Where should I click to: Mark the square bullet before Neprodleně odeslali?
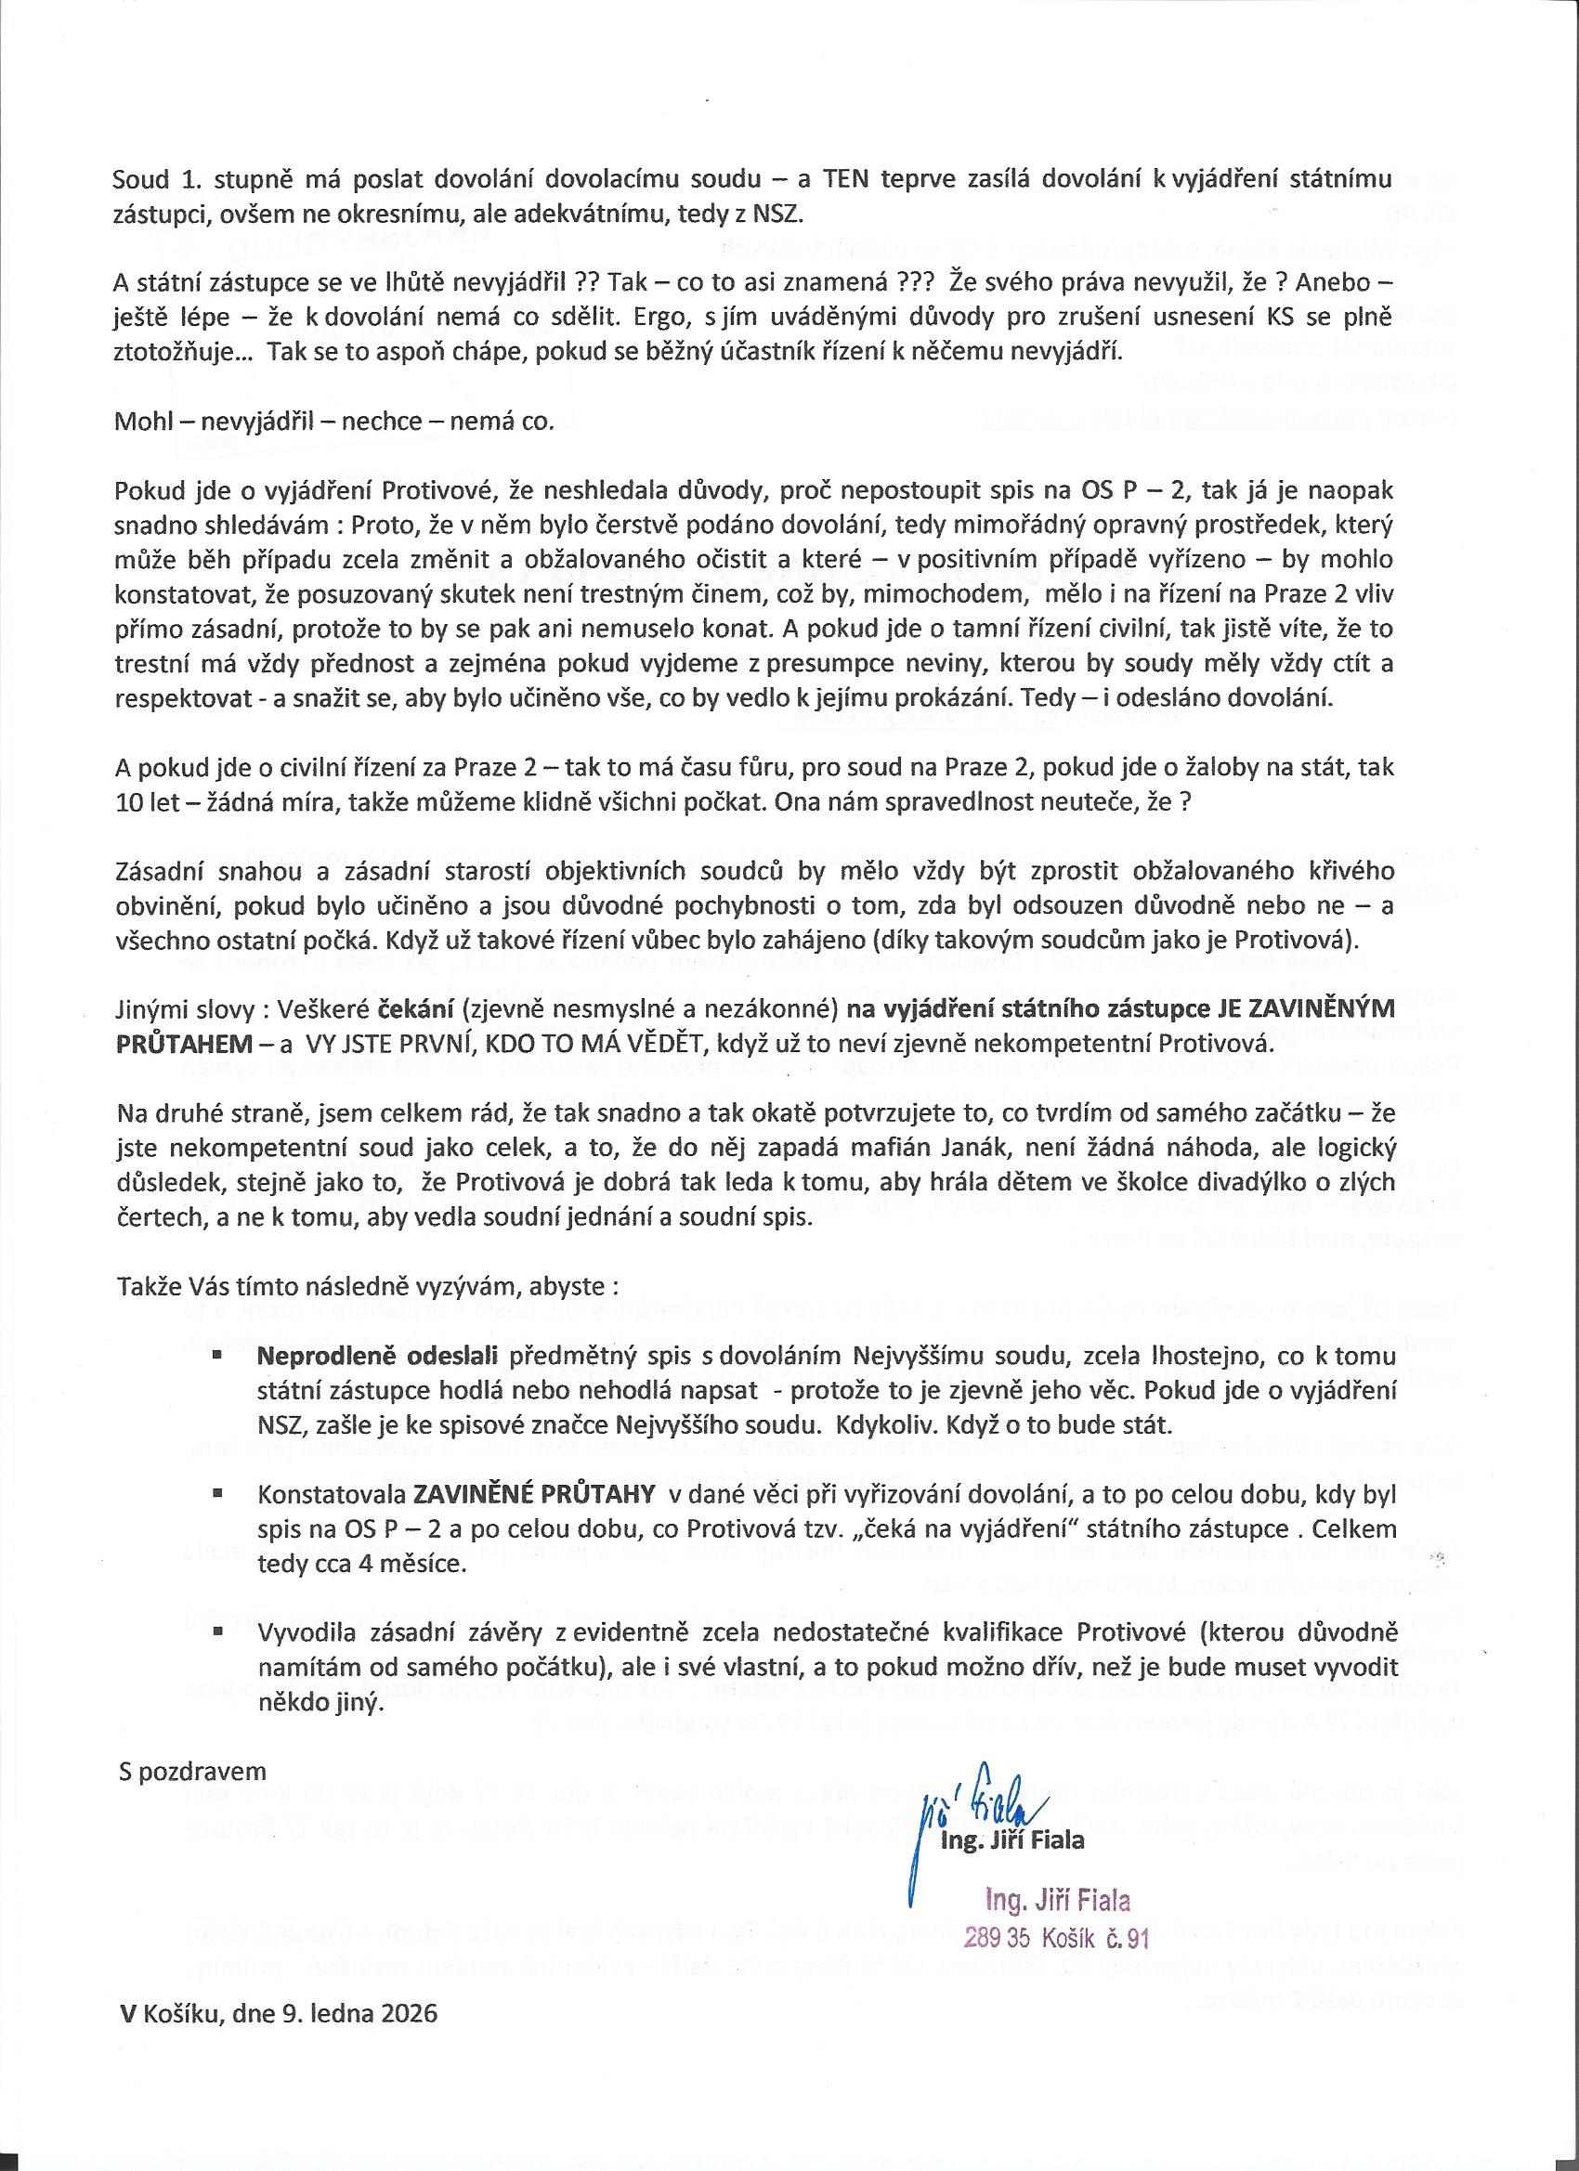(x=218, y=1357)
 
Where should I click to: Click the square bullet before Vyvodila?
(x=218, y=1631)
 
